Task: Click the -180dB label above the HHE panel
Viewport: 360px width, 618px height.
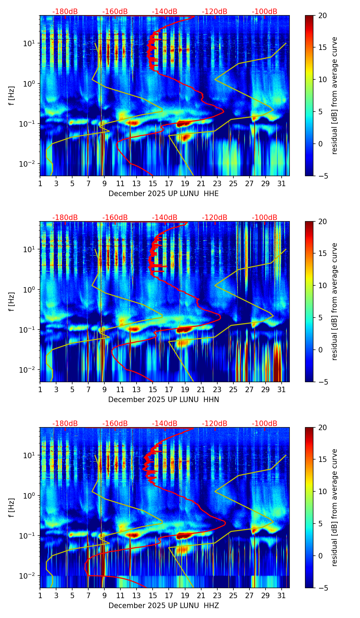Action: point(65,12)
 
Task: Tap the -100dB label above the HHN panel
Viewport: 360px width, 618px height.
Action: point(265,218)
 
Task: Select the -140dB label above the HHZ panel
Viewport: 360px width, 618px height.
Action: point(165,424)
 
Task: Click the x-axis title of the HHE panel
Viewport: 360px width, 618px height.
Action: point(164,194)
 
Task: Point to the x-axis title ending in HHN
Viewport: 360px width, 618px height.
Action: point(164,400)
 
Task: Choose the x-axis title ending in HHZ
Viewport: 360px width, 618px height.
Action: point(164,606)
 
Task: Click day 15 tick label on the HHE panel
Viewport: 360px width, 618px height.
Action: point(153,184)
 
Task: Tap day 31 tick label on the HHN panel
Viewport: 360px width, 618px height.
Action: point(282,390)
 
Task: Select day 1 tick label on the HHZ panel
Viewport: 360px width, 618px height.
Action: point(40,596)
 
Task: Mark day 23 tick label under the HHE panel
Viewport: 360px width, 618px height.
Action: point(217,184)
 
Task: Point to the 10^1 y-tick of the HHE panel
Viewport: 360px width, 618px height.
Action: point(28,43)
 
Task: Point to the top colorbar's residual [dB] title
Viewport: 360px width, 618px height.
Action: point(334,95)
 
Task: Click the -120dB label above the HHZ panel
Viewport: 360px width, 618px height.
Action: point(215,424)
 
